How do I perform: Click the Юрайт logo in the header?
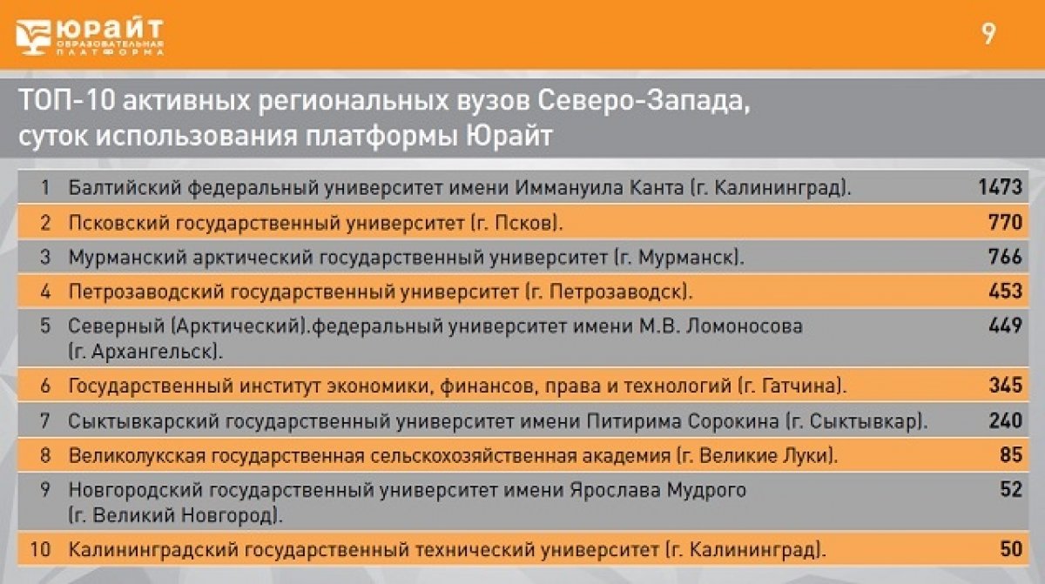point(90,36)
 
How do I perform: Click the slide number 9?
point(988,35)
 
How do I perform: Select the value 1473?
point(1000,186)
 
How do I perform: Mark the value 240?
point(1005,420)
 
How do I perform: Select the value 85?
point(1011,454)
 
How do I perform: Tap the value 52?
point(1011,490)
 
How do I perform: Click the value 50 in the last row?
point(1011,550)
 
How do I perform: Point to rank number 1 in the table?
point(45,186)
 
